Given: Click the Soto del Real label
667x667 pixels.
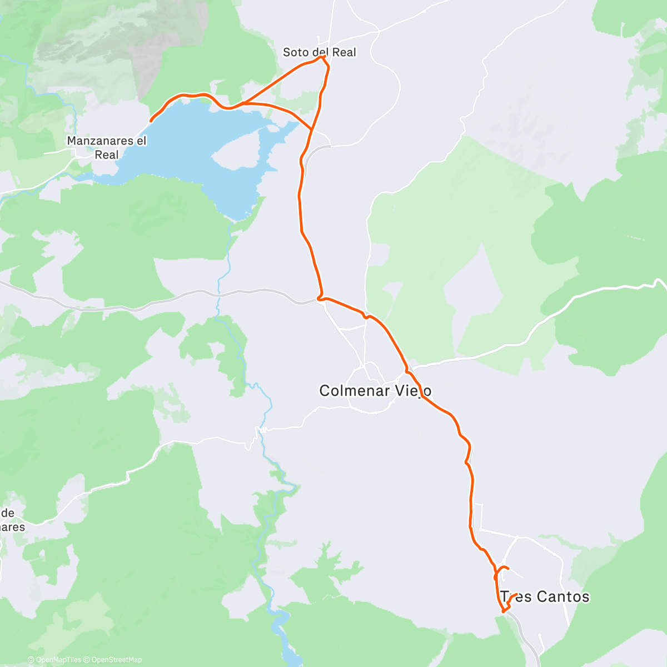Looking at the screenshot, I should point(319,52).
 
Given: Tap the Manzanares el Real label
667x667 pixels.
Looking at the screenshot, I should point(106,147).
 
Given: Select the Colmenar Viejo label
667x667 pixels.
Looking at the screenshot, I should point(375,391).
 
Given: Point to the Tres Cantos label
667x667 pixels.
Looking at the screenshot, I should point(544,597).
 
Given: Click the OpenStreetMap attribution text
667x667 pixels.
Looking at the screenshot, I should point(116,660).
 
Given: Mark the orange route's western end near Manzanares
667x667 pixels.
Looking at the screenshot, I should point(151,120).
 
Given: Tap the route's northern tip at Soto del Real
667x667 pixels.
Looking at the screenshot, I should point(322,57).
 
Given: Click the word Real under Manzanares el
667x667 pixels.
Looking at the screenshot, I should point(106,155).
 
